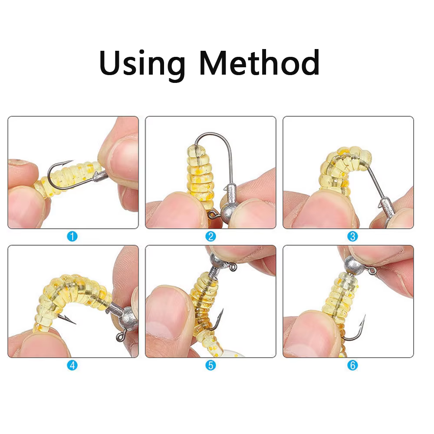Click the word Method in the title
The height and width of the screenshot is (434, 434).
click(x=260, y=62)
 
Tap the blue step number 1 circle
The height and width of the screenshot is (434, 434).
click(x=72, y=237)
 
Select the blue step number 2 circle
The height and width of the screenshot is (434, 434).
click(x=210, y=237)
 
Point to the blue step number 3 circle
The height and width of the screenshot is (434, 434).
click(x=352, y=237)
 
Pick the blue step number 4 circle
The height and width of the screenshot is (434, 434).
click(x=72, y=365)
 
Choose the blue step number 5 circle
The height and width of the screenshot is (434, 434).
click(x=210, y=365)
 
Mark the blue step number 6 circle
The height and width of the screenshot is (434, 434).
click(x=352, y=365)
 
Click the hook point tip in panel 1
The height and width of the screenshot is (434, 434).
click(x=72, y=161)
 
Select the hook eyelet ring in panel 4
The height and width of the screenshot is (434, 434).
click(x=121, y=337)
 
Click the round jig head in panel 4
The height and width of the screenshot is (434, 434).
click(x=129, y=318)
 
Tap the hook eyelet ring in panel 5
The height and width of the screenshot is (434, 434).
click(x=233, y=267)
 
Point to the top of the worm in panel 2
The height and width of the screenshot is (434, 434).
click(x=196, y=149)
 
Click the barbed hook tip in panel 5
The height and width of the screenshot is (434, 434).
click(x=222, y=311)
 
